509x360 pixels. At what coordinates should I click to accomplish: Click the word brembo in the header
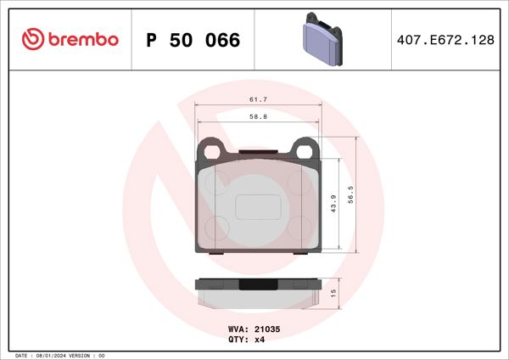[x=82, y=40]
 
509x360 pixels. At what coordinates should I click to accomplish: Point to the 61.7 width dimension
[x=259, y=99]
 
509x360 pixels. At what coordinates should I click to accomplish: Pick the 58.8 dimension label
[x=259, y=117]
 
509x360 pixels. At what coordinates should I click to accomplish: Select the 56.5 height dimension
[x=359, y=194]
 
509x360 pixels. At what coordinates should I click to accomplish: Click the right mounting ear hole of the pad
[x=304, y=150]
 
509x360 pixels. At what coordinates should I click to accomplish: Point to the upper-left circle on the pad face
[x=219, y=185]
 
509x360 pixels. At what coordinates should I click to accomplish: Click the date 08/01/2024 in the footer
[x=52, y=355]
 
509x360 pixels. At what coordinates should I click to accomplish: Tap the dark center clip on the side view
[x=258, y=284]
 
